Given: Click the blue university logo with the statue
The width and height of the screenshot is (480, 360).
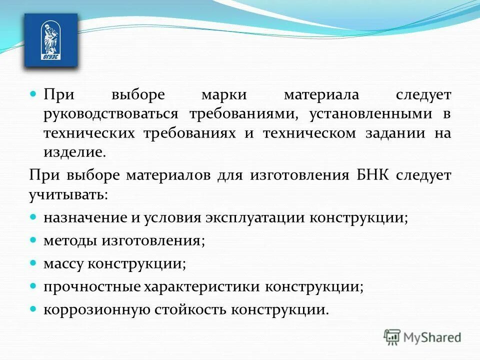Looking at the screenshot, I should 51,40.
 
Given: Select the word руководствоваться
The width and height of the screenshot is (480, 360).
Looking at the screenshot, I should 110,114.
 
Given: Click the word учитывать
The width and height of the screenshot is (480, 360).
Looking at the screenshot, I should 68,194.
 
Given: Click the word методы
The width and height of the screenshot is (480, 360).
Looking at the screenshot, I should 70,241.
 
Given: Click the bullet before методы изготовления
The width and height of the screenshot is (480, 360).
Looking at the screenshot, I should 33,240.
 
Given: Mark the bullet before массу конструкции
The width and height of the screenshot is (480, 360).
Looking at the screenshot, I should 33,262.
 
